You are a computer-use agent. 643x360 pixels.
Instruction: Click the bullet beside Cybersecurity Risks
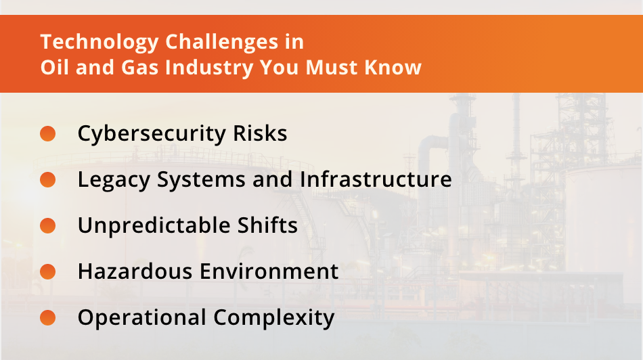[x=47, y=133]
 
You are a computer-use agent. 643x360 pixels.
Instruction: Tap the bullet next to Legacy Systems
[x=47, y=179]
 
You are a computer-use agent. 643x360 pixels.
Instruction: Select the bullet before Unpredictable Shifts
[x=47, y=225]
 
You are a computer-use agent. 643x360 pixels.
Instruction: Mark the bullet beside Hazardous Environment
[x=47, y=271]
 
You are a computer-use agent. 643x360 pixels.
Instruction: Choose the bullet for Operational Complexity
[x=47, y=317]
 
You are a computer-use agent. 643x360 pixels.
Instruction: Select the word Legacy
[x=114, y=180]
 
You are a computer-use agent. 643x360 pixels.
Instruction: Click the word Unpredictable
[x=160, y=225]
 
